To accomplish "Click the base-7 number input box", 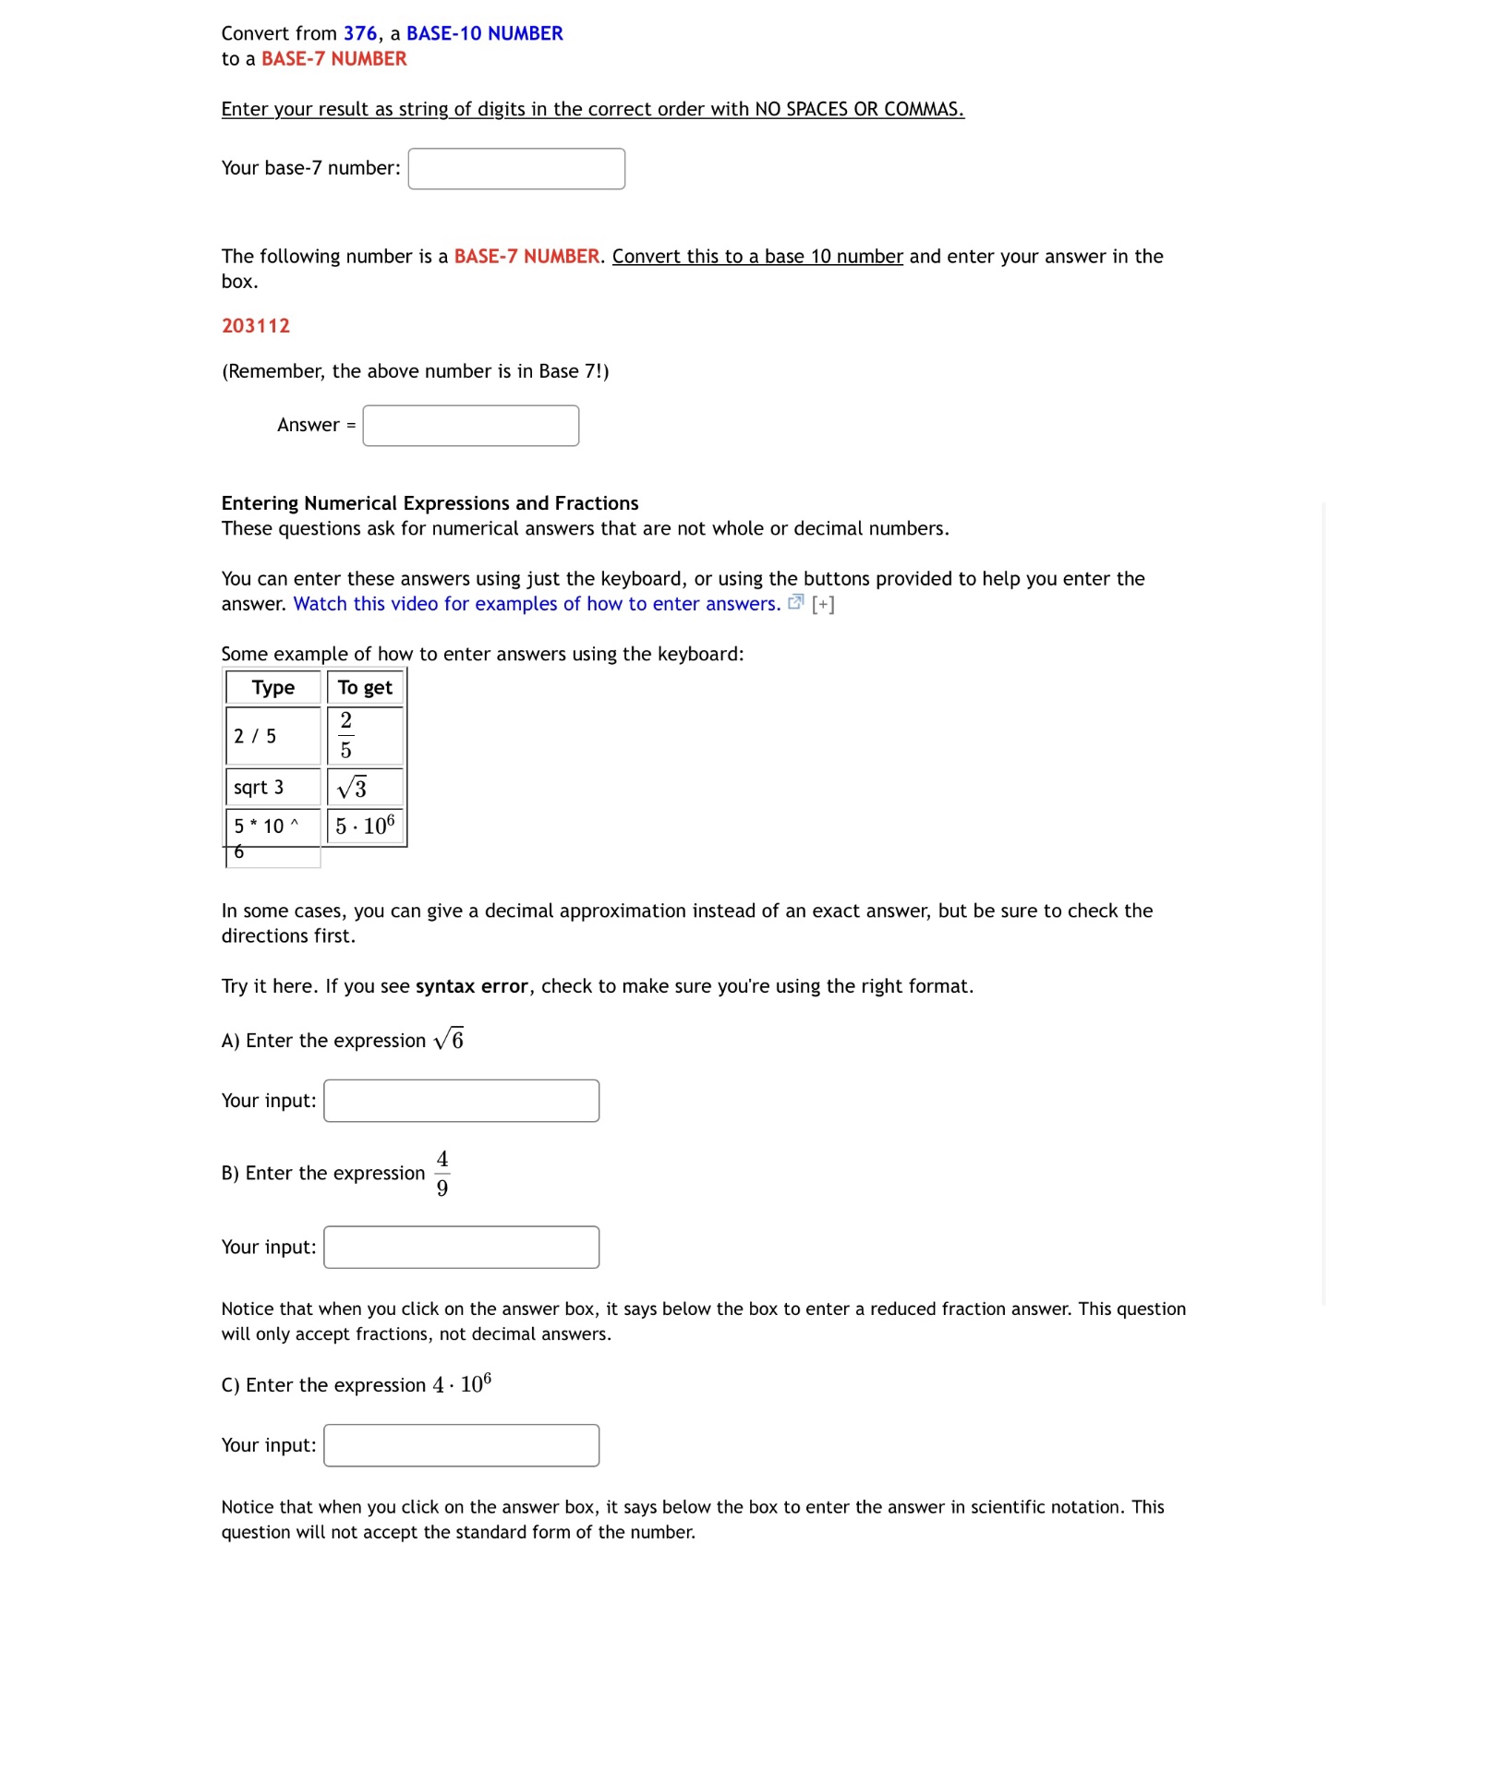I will point(516,169).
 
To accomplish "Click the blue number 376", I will point(360,33).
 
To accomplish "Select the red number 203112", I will point(256,326).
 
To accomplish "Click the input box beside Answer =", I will point(470,426).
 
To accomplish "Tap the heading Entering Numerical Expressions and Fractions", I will point(429,503).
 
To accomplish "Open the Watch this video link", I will point(537,604).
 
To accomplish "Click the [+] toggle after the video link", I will point(823,605).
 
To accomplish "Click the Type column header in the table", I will point(273,688).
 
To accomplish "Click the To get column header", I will point(365,688).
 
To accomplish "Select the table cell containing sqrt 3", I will point(273,788).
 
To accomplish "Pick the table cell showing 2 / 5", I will point(273,736).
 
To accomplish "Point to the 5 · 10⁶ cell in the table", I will point(365,826).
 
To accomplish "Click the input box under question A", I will point(461,1101).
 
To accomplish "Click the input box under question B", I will point(461,1248).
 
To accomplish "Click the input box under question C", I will point(461,1445).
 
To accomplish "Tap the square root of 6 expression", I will point(449,1040).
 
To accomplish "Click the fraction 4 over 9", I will point(442,1174).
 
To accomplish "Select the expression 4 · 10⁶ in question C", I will point(462,1384).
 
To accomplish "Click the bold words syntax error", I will point(471,986).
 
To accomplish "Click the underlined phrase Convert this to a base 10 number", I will point(757,257).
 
